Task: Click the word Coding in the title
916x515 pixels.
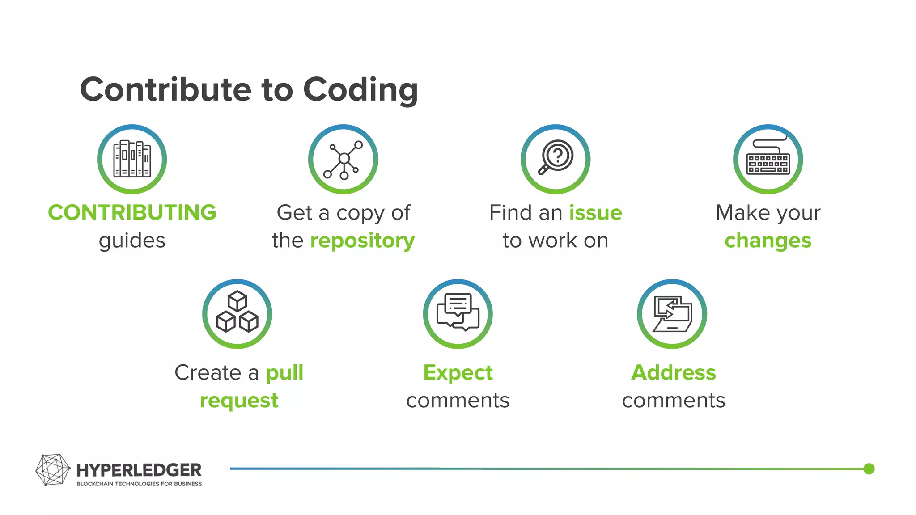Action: [360, 90]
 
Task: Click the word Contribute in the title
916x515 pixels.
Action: [165, 89]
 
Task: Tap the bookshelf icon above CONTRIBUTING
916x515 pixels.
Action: [132, 159]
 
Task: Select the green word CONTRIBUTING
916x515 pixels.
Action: [132, 212]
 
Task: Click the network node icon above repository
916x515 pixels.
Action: [343, 159]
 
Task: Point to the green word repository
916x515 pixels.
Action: [362, 241]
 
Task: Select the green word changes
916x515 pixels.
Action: [768, 241]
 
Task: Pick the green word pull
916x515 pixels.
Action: [284, 373]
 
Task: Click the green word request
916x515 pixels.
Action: [239, 401]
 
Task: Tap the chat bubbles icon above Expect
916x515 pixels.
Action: [458, 313]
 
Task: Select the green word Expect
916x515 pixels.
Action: [458, 372]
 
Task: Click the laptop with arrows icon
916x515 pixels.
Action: [672, 314]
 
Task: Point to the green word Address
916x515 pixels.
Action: [673, 372]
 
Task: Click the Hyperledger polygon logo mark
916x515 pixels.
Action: [52, 469]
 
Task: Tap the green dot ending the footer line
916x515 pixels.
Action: [869, 469]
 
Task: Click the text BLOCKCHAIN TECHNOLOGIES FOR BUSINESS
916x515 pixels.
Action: [139, 484]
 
